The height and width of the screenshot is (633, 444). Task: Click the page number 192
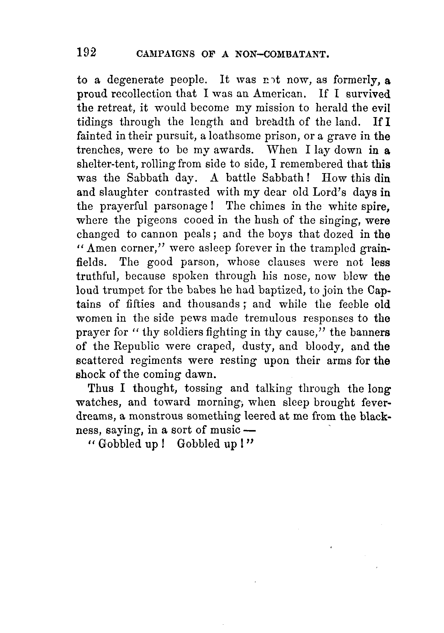86,53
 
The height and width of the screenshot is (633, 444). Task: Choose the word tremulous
270,318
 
